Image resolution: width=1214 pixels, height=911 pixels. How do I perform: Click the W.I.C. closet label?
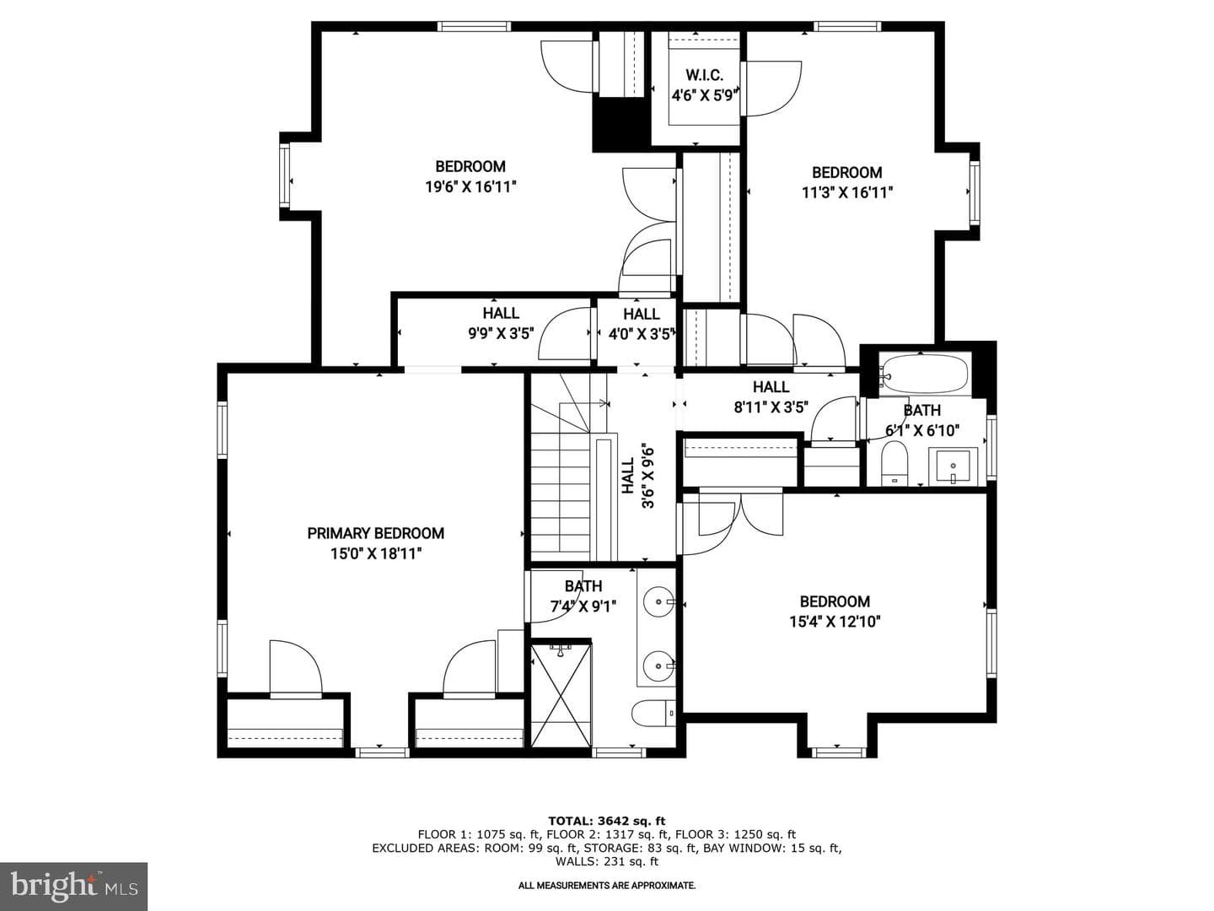[x=704, y=75]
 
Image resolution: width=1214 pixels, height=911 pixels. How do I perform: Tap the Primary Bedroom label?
[x=375, y=533]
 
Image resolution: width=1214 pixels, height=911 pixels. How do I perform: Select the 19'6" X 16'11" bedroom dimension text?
[x=470, y=187]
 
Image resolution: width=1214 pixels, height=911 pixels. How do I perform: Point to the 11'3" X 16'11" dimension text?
[x=847, y=192]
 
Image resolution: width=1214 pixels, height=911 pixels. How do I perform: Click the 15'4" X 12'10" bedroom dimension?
[x=835, y=622]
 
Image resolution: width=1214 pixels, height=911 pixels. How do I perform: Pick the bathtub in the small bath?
[x=924, y=375]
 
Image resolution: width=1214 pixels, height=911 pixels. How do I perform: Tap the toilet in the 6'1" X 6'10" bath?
[x=894, y=465]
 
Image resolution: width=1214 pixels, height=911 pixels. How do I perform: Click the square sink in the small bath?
[x=953, y=467]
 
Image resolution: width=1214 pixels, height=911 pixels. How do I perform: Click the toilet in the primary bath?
[x=653, y=714]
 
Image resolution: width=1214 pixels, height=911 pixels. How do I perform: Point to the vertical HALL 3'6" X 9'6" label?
[x=637, y=476]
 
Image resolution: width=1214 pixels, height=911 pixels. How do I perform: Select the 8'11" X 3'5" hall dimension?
[x=771, y=407]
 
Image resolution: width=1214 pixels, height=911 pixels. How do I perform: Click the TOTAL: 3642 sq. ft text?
[x=607, y=821]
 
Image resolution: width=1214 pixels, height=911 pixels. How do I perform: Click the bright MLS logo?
[x=73, y=887]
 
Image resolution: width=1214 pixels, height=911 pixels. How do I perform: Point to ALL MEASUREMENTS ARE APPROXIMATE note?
[x=607, y=886]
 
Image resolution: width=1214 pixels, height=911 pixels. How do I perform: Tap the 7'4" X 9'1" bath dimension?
[x=583, y=606]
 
